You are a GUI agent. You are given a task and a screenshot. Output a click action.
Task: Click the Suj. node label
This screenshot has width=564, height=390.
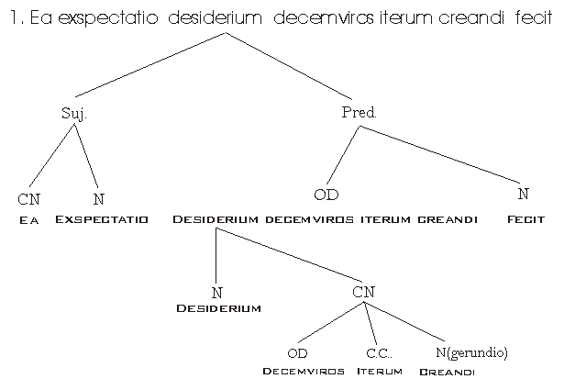click(x=73, y=113)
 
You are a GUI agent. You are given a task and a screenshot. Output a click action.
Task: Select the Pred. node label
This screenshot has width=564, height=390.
click(x=359, y=113)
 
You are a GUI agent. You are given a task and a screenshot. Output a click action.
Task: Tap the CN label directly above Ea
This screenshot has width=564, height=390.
click(x=28, y=199)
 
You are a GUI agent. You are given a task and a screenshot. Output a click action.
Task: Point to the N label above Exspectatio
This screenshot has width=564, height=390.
click(x=99, y=199)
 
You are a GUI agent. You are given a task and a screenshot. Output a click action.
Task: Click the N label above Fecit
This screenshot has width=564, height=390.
click(x=523, y=195)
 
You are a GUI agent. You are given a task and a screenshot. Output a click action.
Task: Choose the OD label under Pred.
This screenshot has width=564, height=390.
click(x=326, y=195)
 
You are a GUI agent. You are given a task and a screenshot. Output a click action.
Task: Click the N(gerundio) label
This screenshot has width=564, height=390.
click(x=470, y=353)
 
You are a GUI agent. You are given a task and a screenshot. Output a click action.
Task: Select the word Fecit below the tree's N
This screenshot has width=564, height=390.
click(x=525, y=220)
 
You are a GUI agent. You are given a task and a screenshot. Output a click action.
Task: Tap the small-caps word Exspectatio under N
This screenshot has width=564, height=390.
click(x=102, y=220)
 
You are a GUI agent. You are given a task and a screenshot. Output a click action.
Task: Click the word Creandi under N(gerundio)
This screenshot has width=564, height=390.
click(x=447, y=373)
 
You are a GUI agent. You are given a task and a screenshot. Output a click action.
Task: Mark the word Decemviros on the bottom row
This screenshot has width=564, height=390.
click(x=304, y=372)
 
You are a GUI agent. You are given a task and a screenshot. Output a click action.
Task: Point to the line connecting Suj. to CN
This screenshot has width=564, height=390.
click(x=53, y=156)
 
